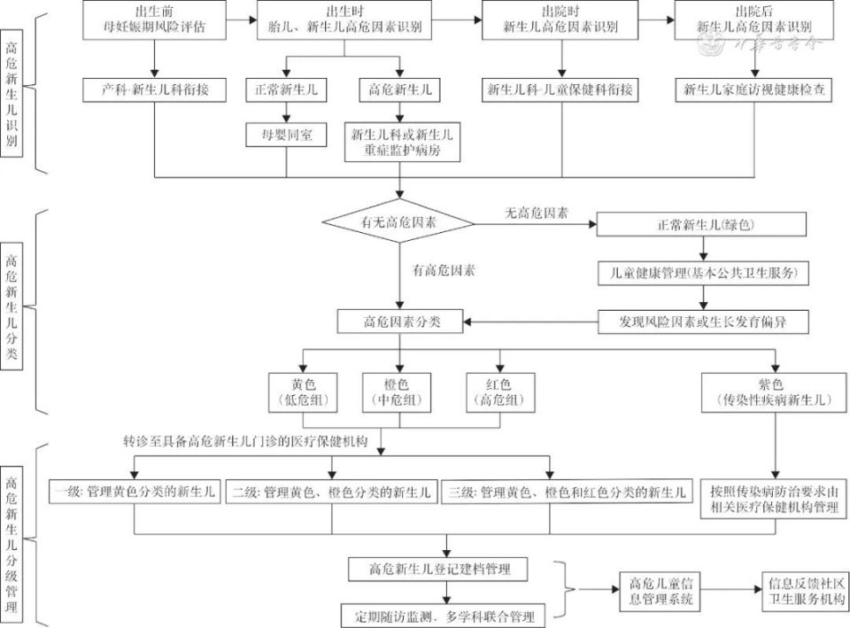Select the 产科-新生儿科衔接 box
[x=155, y=89]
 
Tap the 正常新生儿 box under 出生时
[x=285, y=89]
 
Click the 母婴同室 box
[x=285, y=134]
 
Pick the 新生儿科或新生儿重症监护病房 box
[x=402, y=143]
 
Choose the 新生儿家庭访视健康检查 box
[x=754, y=89]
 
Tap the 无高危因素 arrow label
[x=537, y=213]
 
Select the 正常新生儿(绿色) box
[x=702, y=223]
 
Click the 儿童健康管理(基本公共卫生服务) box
[x=702, y=274]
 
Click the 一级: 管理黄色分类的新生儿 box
[x=135, y=492]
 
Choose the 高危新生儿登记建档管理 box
[x=440, y=567]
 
